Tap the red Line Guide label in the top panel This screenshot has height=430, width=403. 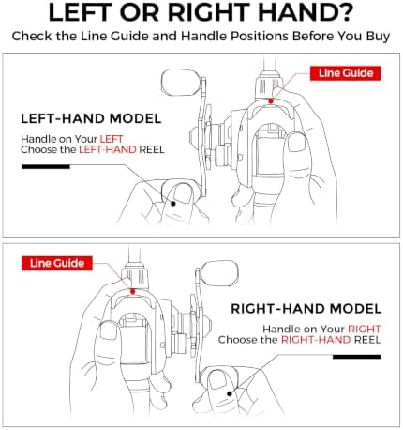tap(345, 73)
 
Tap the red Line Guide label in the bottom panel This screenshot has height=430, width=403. tap(57, 263)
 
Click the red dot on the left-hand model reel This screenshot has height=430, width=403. tap(271, 101)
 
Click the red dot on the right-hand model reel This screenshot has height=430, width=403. tap(133, 291)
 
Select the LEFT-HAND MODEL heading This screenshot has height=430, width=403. tap(91, 119)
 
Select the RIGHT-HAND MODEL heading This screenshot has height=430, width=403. tap(306, 309)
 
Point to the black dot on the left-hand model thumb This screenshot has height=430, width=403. tap(173, 204)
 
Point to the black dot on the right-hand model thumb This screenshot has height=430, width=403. tap(230, 393)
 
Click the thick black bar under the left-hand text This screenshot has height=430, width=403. tap(46, 167)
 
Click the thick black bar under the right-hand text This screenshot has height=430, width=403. tap(357, 357)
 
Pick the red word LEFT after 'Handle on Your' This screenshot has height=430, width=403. tap(112, 139)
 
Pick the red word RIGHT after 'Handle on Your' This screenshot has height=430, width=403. tap(365, 329)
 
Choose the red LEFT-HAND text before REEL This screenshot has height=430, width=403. tap(108, 149)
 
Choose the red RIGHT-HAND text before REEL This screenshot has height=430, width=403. tap(316, 340)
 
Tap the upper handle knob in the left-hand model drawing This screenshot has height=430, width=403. tap(181, 83)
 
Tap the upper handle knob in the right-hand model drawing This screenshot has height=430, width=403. tap(219, 273)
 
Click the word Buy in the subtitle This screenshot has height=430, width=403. tap(378, 37)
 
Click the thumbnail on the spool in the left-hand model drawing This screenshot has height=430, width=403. tap(296, 143)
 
